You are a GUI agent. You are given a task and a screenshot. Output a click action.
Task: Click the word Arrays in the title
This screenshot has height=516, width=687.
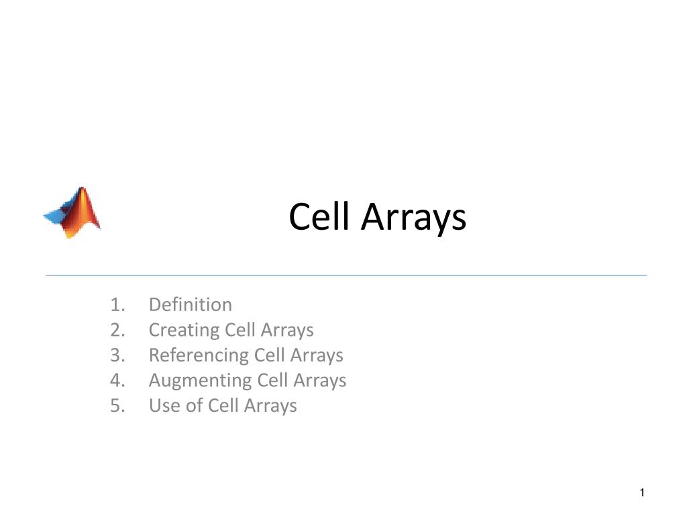click(413, 218)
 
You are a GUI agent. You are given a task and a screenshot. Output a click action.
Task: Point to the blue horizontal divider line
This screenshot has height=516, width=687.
click(346, 275)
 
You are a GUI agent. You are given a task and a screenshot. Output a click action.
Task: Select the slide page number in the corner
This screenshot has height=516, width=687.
click(642, 493)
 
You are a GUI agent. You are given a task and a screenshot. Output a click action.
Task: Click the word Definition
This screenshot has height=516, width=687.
click(191, 304)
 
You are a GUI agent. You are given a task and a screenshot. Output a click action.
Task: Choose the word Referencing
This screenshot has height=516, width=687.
click(199, 355)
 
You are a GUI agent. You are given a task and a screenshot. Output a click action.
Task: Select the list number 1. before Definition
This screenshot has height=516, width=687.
click(118, 304)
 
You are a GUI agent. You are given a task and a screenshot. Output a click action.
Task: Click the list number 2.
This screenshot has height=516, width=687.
click(118, 330)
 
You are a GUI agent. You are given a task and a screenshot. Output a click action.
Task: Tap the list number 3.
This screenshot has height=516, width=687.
click(118, 355)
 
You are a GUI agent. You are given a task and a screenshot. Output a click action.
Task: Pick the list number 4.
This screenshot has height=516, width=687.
click(118, 380)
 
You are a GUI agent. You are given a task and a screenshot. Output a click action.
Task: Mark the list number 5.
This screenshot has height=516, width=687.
click(118, 405)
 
